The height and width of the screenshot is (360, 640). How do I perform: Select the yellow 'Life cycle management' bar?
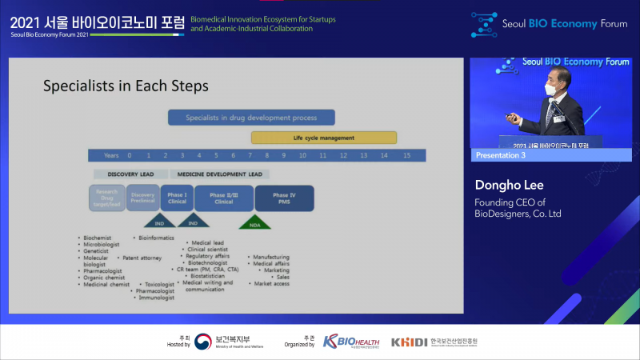tap(324, 138)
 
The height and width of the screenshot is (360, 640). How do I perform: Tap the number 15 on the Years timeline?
tap(406, 155)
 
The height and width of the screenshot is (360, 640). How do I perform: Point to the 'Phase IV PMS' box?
tap(284, 198)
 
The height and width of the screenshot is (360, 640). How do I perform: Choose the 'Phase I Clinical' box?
tap(178, 198)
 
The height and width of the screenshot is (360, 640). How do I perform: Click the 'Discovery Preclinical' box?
tap(142, 198)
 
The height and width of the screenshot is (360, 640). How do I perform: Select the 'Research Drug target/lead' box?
tap(106, 198)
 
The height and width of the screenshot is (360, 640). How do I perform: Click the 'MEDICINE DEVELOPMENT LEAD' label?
tap(220, 174)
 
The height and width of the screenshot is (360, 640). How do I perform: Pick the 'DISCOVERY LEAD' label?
tap(130, 174)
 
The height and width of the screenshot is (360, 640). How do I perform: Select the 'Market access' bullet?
tap(271, 284)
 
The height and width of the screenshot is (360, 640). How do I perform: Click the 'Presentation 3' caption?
tap(501, 154)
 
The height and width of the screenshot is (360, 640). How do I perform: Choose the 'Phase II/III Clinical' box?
tap(223, 198)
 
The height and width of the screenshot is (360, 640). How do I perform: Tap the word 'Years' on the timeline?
tap(110, 155)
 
